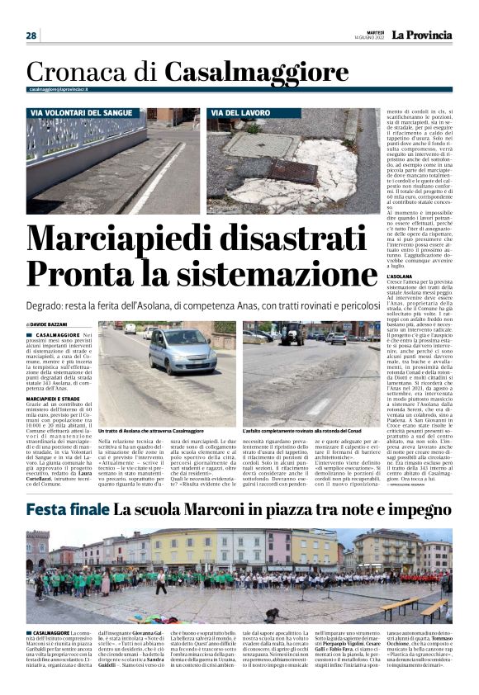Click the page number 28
[31, 35]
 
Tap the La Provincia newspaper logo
[421, 35]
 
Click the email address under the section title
[59, 89]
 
